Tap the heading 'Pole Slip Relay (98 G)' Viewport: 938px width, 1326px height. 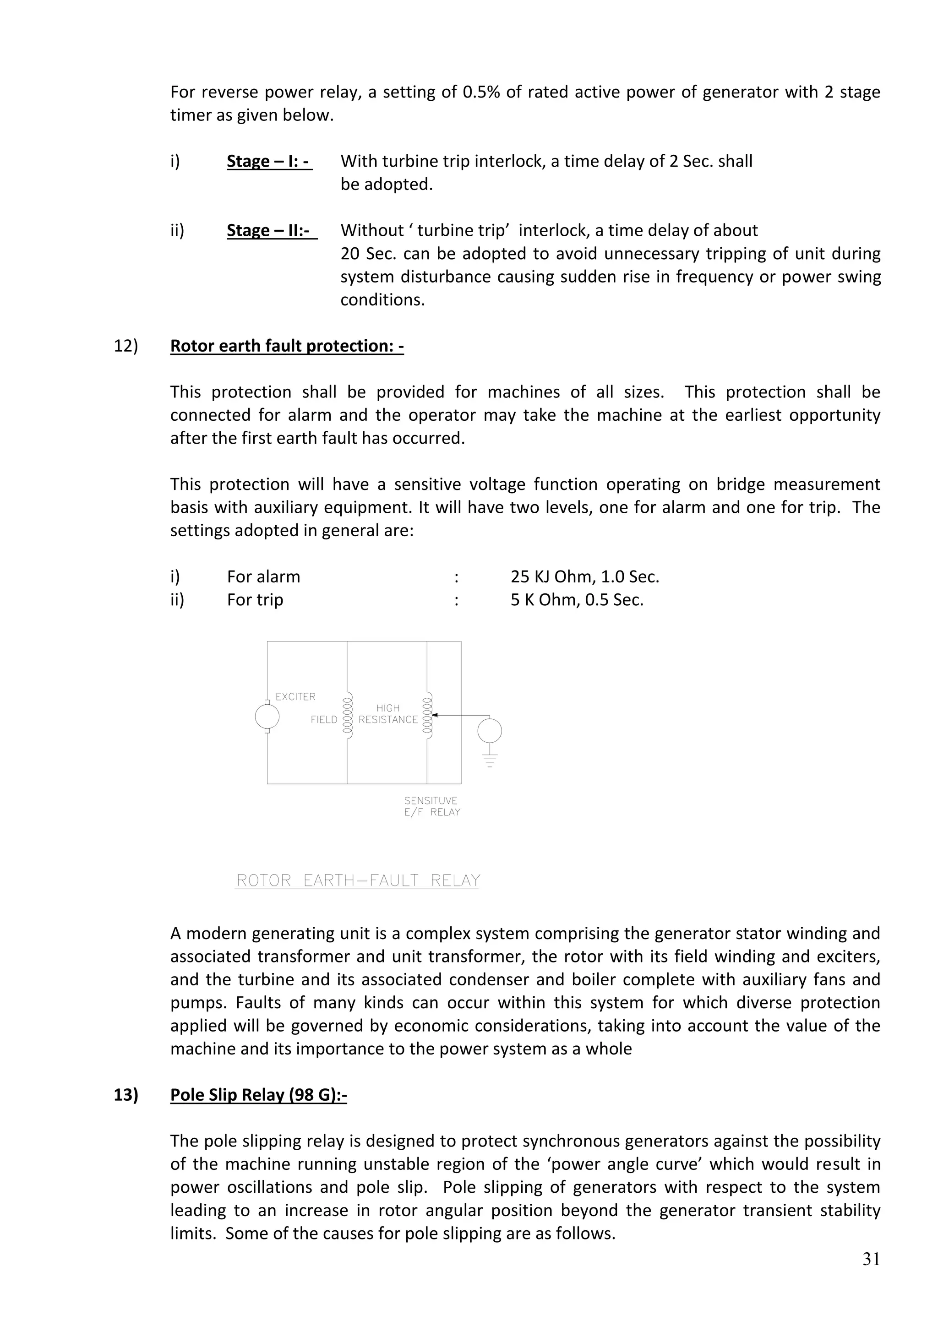[258, 1095]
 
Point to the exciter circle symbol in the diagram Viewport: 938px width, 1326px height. [267, 717]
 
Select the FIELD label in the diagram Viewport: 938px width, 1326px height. [323, 720]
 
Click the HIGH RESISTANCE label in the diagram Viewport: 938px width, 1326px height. [387, 714]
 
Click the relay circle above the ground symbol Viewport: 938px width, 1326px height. [489, 731]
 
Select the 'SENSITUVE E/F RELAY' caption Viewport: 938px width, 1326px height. [431, 806]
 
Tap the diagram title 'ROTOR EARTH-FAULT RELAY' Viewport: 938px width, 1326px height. [358, 881]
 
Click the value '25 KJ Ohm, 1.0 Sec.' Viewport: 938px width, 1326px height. [584, 577]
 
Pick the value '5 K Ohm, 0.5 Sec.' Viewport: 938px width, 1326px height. [577, 600]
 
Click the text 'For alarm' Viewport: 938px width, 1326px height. [263, 577]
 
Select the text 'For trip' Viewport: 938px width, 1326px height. [255, 600]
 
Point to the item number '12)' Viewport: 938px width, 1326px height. [126, 346]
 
